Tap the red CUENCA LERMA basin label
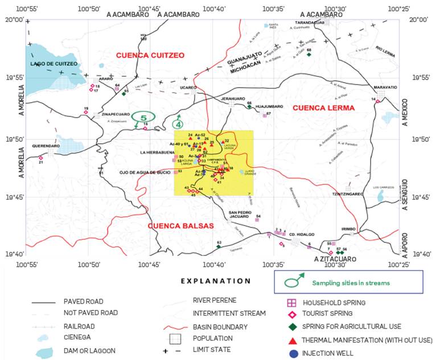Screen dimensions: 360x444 coord(323,107)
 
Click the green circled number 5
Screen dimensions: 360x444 coord(143,118)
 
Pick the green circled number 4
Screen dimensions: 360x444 coord(179,123)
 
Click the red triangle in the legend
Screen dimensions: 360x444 coord(292,340)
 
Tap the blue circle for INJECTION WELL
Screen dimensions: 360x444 coord(292,353)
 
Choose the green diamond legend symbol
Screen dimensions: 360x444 coord(292,326)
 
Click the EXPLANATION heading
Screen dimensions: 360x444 coord(215,280)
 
